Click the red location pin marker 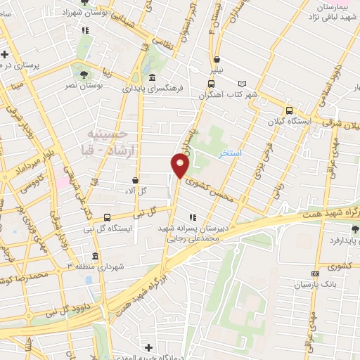click(x=180, y=166)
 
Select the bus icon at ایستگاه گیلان click(x=288, y=110)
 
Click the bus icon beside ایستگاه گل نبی click(x=107, y=217)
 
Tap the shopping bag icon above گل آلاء click(x=134, y=180)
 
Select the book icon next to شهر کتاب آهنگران click(x=243, y=84)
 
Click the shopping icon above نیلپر click(x=217, y=59)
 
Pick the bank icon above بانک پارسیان click(x=314, y=274)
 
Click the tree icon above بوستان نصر click(x=84, y=73)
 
